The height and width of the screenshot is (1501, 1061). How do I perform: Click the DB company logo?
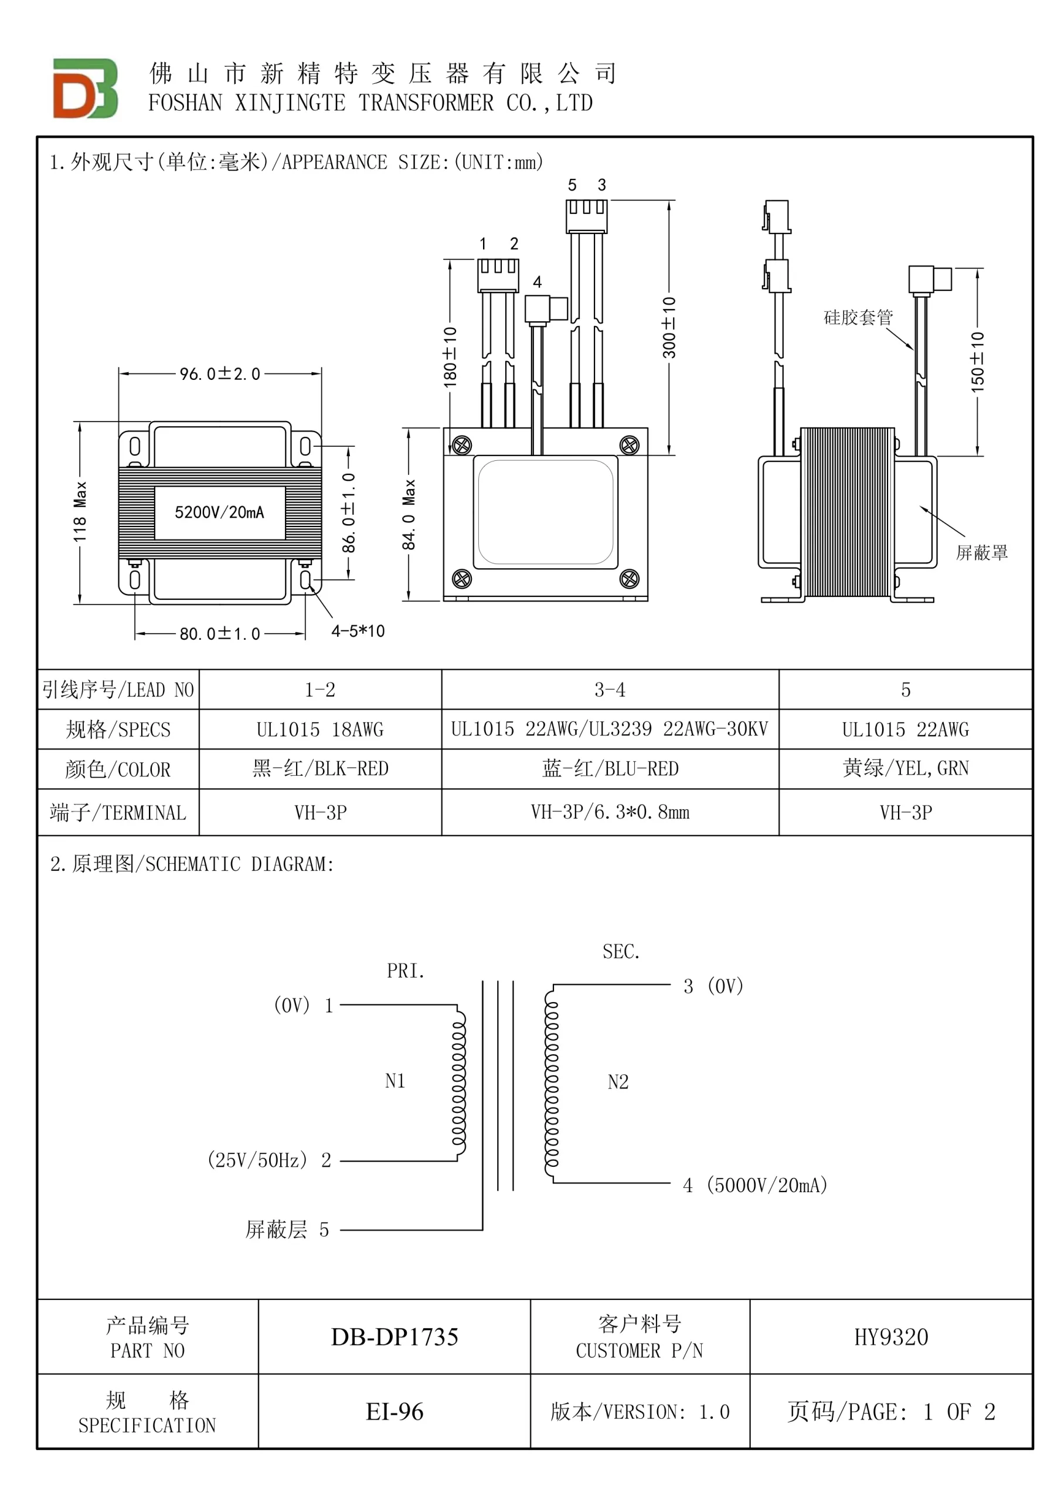(85, 89)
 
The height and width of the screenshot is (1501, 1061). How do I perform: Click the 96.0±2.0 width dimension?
(220, 374)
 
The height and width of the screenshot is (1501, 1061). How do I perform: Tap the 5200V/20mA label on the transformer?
(220, 512)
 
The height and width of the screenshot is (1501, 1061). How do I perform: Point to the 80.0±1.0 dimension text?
(220, 633)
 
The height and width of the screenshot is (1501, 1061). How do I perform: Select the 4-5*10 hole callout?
(358, 631)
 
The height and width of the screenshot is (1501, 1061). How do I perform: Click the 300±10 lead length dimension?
(669, 328)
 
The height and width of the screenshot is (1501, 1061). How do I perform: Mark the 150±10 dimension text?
(977, 362)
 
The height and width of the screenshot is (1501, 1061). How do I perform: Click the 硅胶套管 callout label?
(858, 318)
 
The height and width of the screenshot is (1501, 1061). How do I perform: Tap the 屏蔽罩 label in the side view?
(982, 552)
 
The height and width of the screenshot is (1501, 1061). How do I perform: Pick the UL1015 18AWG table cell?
(320, 729)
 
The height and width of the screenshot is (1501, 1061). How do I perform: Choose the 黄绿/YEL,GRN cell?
(906, 768)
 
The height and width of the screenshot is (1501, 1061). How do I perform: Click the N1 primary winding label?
(396, 1081)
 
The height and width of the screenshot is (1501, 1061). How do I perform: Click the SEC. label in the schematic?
(621, 952)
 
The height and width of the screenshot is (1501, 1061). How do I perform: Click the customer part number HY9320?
(892, 1337)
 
